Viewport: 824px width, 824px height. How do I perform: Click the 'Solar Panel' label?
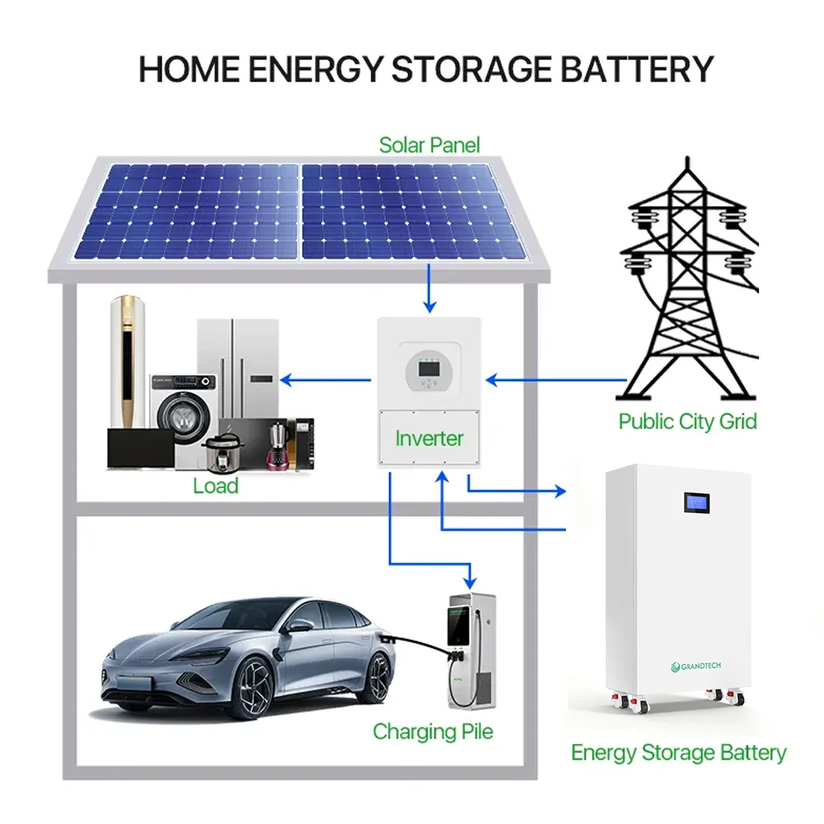[429, 146]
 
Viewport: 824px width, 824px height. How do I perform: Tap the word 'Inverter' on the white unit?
[429, 438]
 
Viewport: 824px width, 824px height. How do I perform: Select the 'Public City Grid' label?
[687, 422]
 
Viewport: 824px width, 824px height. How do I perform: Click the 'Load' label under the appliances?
[215, 486]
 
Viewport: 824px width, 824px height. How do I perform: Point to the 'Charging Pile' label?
[433, 731]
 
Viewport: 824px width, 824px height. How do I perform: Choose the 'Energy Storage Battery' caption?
[678, 752]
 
